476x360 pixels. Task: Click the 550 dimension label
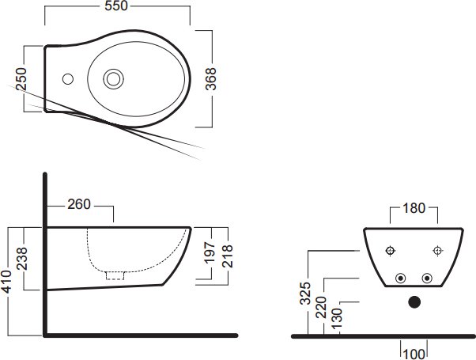(116, 6)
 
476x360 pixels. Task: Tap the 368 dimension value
(210, 79)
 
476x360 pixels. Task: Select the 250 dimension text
(21, 79)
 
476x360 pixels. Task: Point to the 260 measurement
(79, 204)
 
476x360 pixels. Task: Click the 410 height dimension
(6, 282)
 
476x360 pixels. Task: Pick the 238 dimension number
(22, 259)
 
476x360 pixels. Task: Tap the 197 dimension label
(210, 253)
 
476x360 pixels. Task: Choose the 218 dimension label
(227, 256)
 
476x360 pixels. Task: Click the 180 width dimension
(414, 208)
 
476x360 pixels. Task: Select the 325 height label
(305, 294)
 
